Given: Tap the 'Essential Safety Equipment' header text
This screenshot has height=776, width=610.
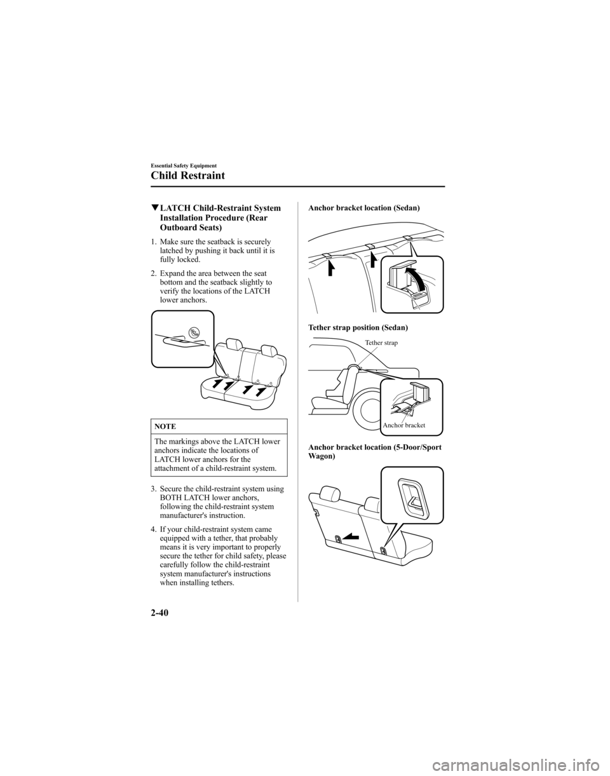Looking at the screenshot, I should [x=184, y=165].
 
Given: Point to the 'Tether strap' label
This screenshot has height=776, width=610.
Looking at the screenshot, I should [x=382, y=343].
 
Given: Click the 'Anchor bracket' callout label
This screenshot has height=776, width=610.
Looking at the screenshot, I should [x=403, y=425].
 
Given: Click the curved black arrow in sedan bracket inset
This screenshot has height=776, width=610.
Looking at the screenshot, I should [x=416, y=280].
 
